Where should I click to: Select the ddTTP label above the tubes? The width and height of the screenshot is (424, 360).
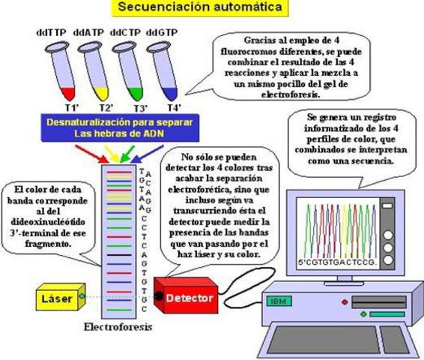[x=49, y=34]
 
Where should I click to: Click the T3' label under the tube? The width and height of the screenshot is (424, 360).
[x=129, y=106]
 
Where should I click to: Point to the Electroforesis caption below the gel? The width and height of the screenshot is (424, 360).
[x=118, y=328]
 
